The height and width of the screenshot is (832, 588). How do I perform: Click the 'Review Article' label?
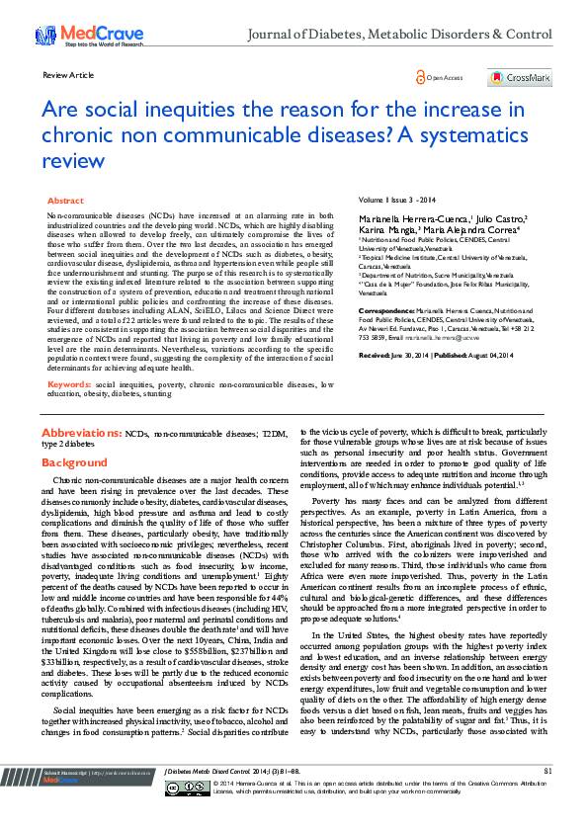pyautogui.click(x=69, y=75)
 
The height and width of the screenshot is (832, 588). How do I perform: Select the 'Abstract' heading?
pyautogui.click(x=65, y=200)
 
